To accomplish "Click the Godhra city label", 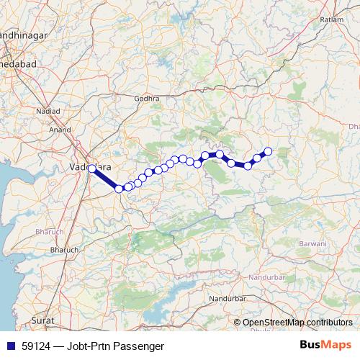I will click(x=146, y=97).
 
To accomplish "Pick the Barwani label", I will click(x=315, y=243).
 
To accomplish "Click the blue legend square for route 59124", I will click(x=11, y=346).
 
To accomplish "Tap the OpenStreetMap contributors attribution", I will click(x=297, y=323).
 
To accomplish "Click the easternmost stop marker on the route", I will click(x=268, y=151).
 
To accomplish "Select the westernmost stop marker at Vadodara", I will click(x=91, y=168).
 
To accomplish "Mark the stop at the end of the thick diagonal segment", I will click(x=119, y=189).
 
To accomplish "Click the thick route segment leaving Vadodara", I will click(x=105, y=179).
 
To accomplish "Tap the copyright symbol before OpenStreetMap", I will click(x=238, y=323).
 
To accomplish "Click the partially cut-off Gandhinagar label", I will click(x=22, y=34).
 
